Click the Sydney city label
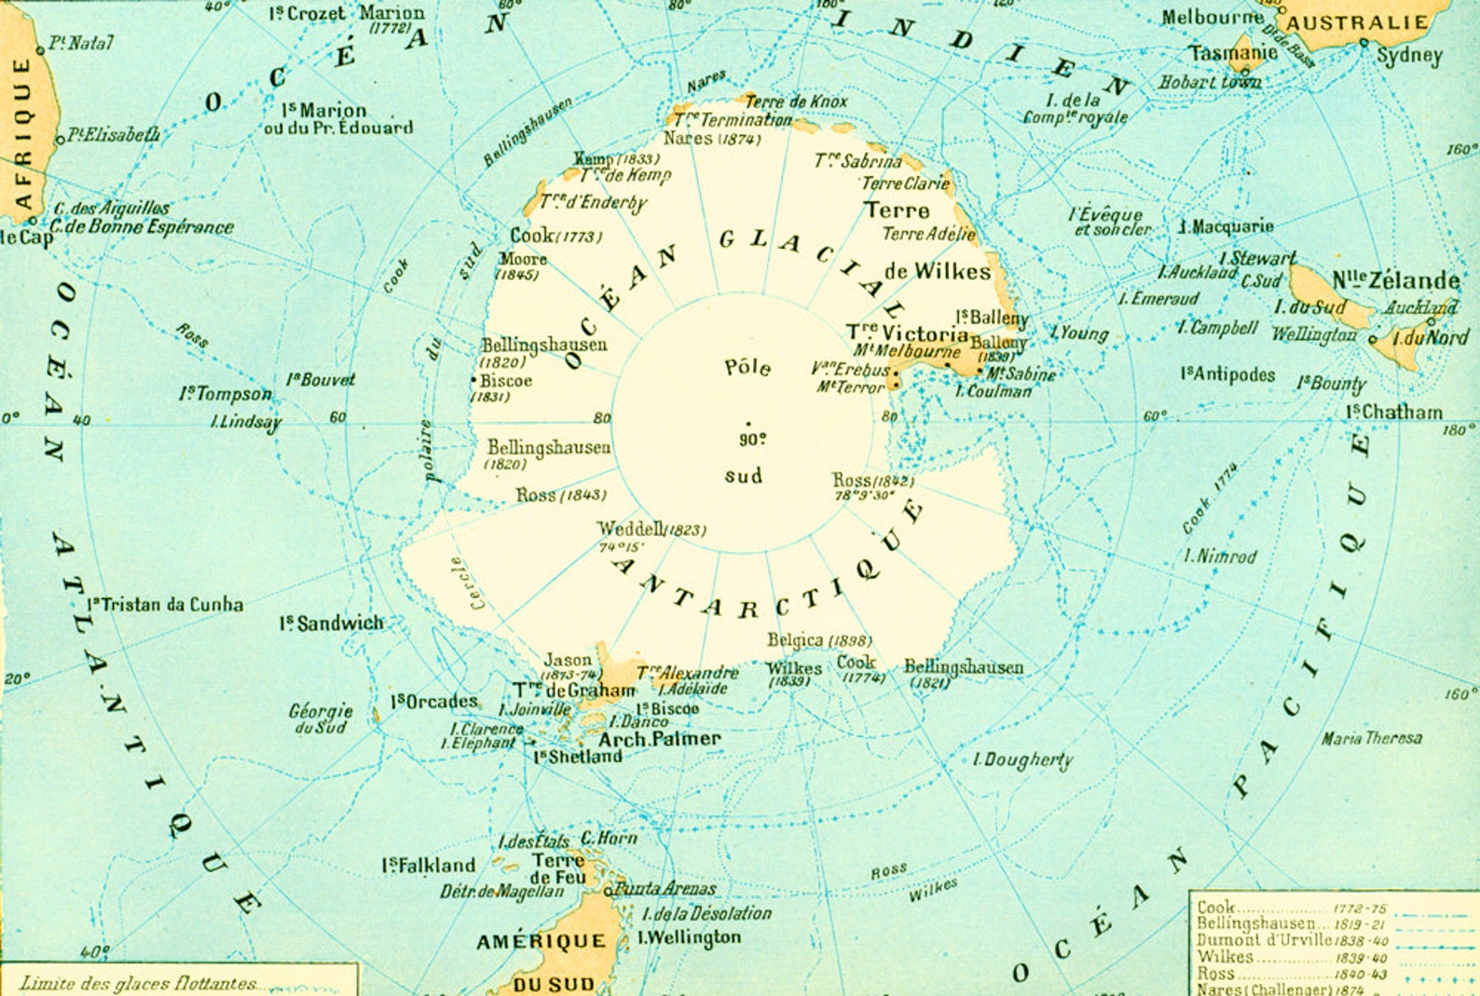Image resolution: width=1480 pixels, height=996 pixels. click(1408, 56)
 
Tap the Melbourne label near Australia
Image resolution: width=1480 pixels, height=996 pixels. click(1212, 18)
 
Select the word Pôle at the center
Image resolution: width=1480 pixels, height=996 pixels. click(747, 367)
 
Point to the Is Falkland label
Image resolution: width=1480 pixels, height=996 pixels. click(428, 866)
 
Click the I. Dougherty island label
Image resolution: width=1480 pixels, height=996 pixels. click(1022, 760)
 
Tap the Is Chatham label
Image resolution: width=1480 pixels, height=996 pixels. click(1393, 412)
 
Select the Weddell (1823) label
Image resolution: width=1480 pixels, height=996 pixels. click(651, 529)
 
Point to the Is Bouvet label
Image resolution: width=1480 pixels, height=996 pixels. click(321, 379)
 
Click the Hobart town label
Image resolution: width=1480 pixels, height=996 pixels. click(1209, 82)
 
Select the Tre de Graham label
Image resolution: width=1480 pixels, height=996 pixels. click(574, 690)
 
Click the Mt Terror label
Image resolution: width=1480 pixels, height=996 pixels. click(850, 387)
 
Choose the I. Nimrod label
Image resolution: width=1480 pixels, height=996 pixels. click(1220, 556)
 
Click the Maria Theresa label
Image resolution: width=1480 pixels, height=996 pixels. click(1371, 738)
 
